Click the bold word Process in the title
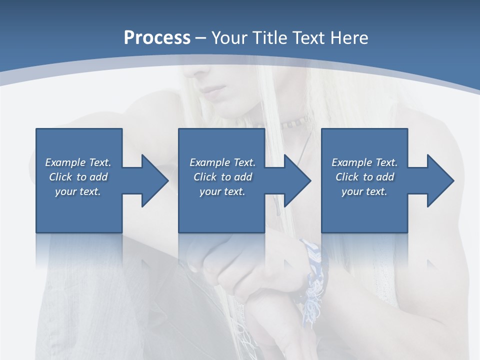[157, 38]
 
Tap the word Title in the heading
[268, 38]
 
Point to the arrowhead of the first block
[153, 180]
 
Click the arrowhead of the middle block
[295, 180]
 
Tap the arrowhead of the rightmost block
[438, 180]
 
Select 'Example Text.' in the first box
[78, 162]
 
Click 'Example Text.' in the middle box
[222, 162]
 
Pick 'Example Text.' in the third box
[364, 162]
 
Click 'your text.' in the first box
[78, 191]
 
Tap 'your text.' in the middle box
[222, 191]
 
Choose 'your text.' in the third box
[364, 191]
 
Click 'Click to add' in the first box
[78, 177]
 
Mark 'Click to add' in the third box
[364, 177]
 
